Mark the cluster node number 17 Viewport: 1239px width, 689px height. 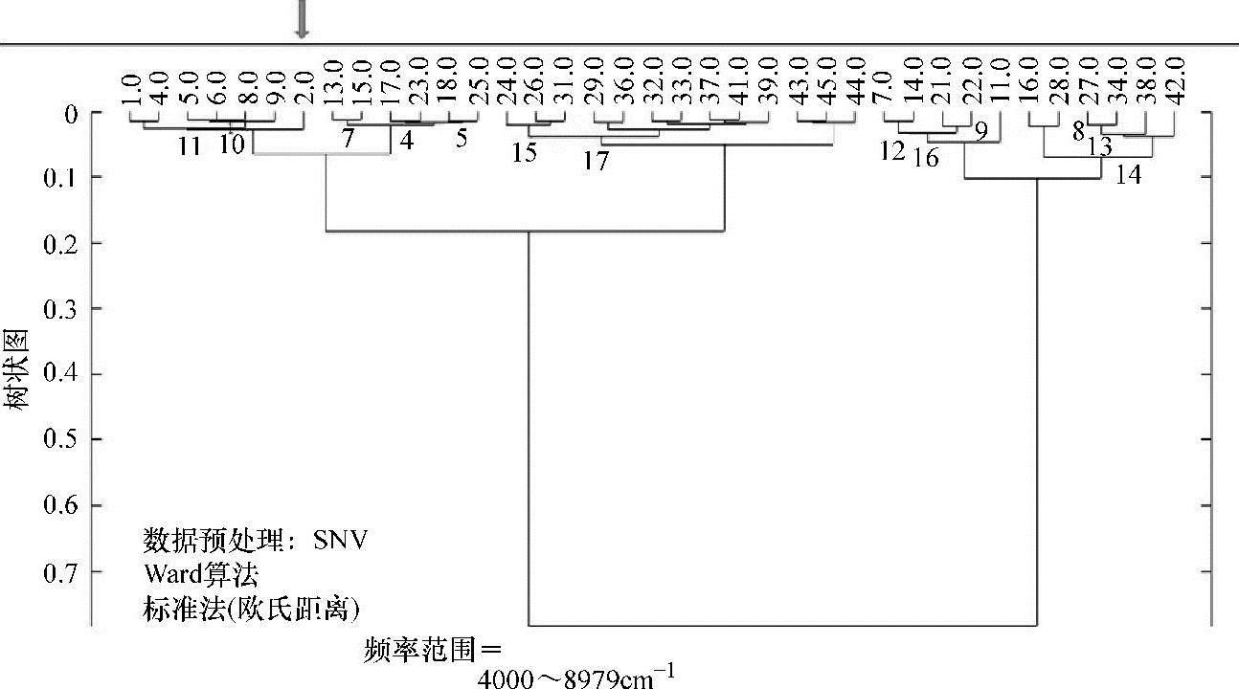click(596, 162)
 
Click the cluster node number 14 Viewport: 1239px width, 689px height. click(1129, 176)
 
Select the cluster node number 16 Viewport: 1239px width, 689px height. click(925, 157)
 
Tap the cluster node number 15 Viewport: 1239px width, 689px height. click(524, 153)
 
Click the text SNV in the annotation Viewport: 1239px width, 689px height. click(341, 541)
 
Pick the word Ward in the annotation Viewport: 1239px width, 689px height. click(169, 574)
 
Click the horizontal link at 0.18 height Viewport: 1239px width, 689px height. click(525, 231)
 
